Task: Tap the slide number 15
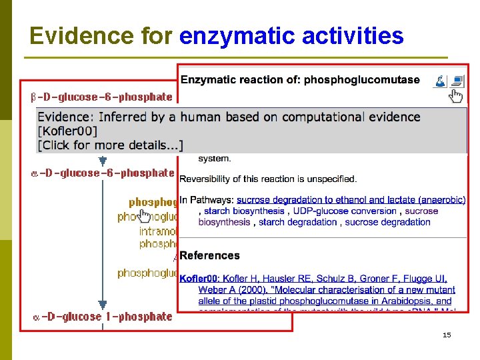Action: pos(446,335)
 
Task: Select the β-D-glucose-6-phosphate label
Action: pos(101,97)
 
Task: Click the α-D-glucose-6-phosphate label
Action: pos(103,173)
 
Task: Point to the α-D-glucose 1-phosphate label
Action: pos(103,317)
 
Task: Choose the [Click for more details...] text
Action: pos(111,145)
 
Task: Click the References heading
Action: pos(209,255)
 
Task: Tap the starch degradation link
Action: pos(298,222)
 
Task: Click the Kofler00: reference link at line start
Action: pos(200,278)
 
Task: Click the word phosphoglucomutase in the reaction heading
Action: pos(361,80)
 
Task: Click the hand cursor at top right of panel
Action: pos(456,97)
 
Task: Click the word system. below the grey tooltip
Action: pos(215,159)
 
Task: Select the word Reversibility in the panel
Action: pos(207,179)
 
